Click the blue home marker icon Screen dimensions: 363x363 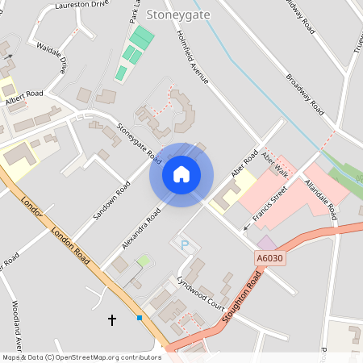(181, 174)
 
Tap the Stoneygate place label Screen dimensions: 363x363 (176, 14)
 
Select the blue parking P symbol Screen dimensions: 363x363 (183, 244)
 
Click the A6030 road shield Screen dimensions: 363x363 (271, 258)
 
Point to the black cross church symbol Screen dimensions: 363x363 (112, 320)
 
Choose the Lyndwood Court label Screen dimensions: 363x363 (200, 293)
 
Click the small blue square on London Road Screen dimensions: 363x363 (140, 318)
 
